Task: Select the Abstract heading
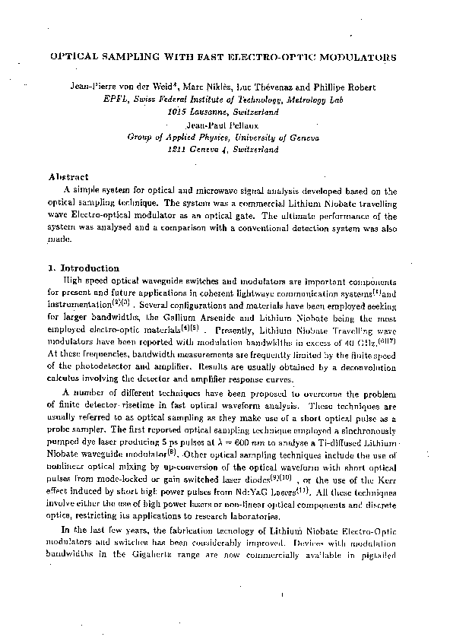(68, 176)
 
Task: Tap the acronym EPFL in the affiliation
(116, 99)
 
